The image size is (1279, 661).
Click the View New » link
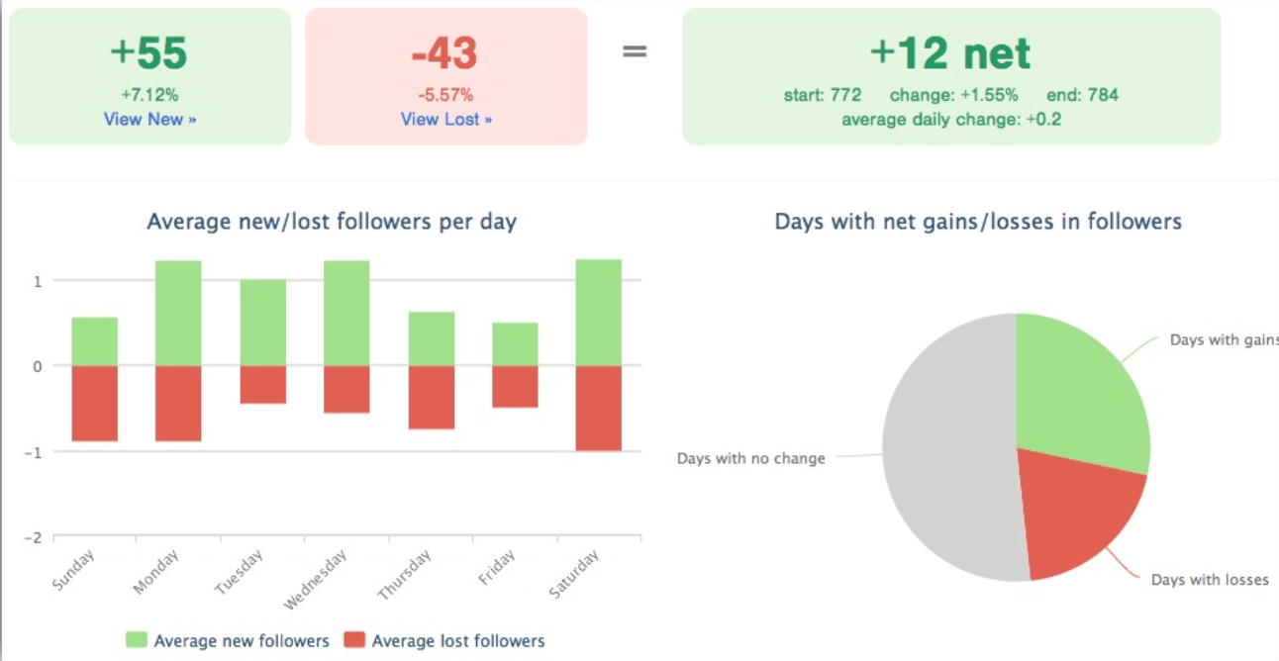149,119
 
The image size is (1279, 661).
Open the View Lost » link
445,119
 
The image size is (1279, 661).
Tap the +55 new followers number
149,54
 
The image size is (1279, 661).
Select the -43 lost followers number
445,54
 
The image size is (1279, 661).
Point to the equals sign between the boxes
635,50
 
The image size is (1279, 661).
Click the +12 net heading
950,53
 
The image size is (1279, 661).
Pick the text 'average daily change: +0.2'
950,120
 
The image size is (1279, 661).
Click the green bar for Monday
178,313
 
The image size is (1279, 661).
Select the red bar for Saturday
599,408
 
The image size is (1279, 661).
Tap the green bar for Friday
515,344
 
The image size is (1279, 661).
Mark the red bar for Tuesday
262,384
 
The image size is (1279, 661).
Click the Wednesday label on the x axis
316,582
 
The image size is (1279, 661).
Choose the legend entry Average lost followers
444,641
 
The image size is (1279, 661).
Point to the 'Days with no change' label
750,459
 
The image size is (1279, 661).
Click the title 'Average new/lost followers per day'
332,222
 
